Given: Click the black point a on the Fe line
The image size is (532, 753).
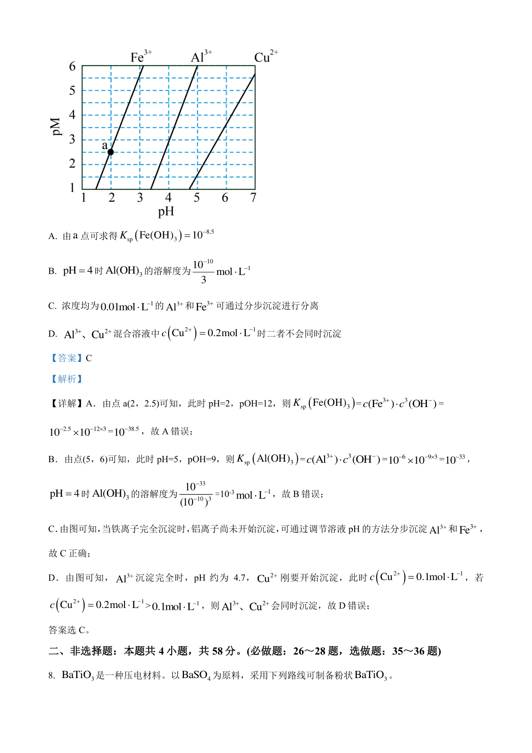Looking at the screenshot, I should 111,152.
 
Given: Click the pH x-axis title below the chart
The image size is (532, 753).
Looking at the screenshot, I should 166,212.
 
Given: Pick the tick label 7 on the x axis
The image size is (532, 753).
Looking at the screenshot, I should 253,197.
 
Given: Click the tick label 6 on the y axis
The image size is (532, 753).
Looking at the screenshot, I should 72,67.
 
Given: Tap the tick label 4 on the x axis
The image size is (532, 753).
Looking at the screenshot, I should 168,197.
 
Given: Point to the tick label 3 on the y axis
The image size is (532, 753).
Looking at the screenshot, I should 72,139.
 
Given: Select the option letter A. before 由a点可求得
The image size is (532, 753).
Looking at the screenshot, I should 53,236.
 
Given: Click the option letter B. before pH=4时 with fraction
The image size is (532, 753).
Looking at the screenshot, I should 52,271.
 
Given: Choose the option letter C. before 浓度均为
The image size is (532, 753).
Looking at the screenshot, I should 52,306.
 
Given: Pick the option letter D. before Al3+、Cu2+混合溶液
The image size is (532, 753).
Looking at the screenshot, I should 53,334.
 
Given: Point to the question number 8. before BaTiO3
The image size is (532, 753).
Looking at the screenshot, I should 51,676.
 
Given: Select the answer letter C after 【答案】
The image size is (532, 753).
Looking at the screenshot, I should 89,358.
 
